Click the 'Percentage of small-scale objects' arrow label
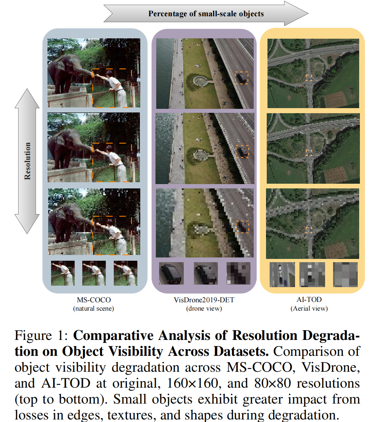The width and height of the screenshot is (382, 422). coord(206,14)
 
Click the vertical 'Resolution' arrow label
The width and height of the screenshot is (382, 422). coord(28,161)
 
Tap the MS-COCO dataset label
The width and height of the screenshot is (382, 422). coord(94,300)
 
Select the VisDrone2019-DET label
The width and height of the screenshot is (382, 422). coord(204,300)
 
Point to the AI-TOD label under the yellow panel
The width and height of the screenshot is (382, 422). coord(309,299)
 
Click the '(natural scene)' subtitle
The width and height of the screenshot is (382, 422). coord(94,308)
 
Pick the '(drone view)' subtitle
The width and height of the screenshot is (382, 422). coord(204,308)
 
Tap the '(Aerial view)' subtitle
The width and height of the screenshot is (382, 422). coord(309,308)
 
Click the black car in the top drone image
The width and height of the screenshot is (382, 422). coord(241,78)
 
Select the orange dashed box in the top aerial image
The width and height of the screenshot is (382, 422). coord(308,77)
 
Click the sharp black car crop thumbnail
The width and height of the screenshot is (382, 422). coord(171,273)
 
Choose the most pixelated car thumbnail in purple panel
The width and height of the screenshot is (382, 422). coord(238,273)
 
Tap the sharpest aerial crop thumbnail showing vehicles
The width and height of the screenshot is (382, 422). coord(282,274)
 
